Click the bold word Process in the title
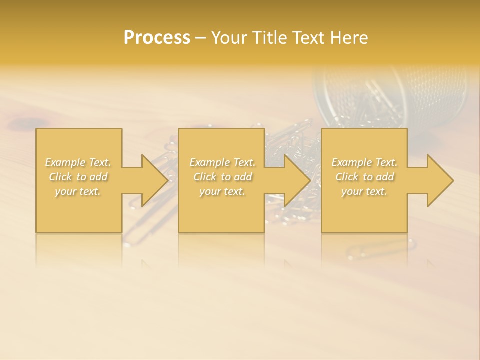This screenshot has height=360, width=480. pyautogui.click(x=157, y=38)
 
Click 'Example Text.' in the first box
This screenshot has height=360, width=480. pyautogui.click(x=78, y=162)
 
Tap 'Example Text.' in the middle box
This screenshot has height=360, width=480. pyautogui.click(x=222, y=162)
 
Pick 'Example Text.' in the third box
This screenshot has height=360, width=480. pyautogui.click(x=364, y=162)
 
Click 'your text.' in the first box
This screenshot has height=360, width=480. pyautogui.click(x=78, y=191)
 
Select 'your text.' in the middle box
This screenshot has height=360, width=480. pyautogui.click(x=222, y=191)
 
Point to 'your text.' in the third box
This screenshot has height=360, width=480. pyautogui.click(x=364, y=191)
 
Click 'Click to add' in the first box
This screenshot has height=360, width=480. pyautogui.click(x=78, y=177)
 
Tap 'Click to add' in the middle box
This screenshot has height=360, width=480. pyautogui.click(x=222, y=177)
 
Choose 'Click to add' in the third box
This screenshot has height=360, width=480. pyautogui.click(x=364, y=177)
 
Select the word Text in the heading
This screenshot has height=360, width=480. pyautogui.click(x=309, y=38)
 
